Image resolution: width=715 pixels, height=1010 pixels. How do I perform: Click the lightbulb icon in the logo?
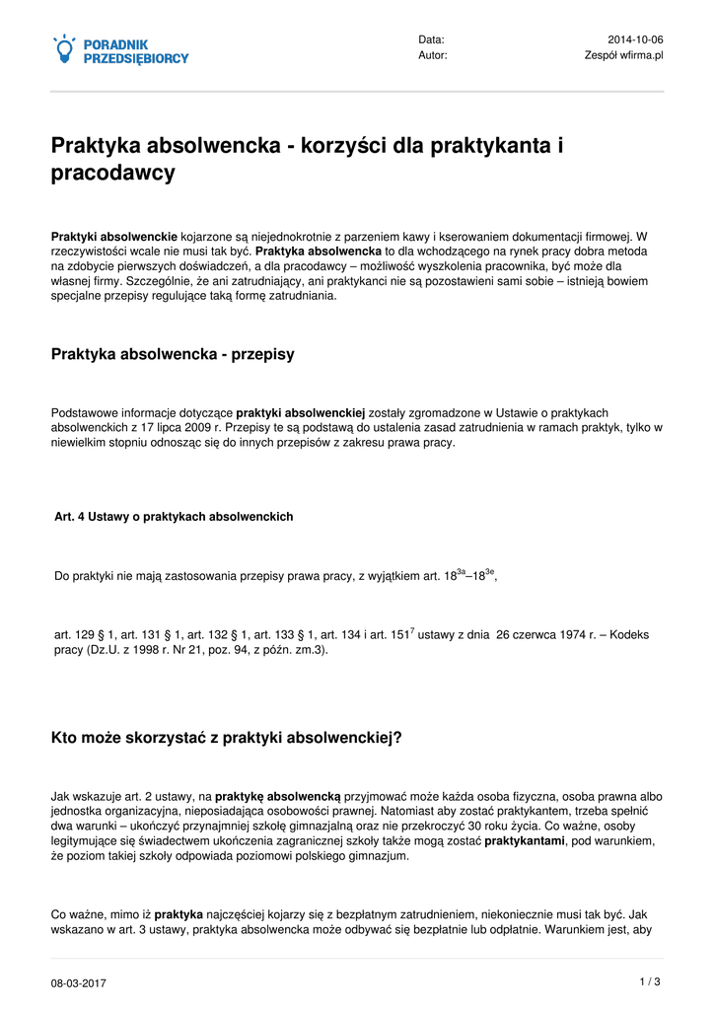point(64,49)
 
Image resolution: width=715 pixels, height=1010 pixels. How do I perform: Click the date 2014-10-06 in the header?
point(635,39)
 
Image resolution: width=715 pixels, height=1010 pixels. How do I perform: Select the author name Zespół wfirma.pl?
point(624,55)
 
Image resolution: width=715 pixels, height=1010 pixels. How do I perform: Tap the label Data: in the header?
point(431,39)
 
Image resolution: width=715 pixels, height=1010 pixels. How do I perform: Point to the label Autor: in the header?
point(432,55)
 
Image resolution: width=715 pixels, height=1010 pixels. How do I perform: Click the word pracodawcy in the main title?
point(113,174)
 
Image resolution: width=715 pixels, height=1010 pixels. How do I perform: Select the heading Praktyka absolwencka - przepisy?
point(173,354)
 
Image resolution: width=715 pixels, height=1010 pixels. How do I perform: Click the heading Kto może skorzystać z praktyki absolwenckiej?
point(227,737)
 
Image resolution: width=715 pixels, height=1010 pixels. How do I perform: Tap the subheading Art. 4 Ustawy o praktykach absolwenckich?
point(174,517)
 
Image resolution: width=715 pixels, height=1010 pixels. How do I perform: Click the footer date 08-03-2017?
point(79,983)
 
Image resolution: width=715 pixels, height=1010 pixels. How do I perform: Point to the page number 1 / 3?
point(650,981)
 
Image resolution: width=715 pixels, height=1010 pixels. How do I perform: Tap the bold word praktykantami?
point(525,841)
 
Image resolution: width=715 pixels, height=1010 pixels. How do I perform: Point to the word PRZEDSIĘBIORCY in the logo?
point(136,59)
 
